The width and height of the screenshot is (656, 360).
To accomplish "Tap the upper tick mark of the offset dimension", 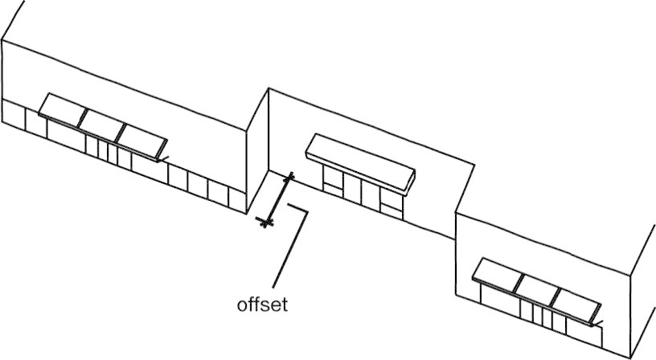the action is coord(289,177).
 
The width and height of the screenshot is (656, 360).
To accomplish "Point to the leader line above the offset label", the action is coord(289,249).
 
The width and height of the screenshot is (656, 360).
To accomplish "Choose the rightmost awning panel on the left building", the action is coord(140,139).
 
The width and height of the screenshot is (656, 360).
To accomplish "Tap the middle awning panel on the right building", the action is coord(537,288).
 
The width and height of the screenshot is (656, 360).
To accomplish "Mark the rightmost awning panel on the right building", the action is coord(575,305).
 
